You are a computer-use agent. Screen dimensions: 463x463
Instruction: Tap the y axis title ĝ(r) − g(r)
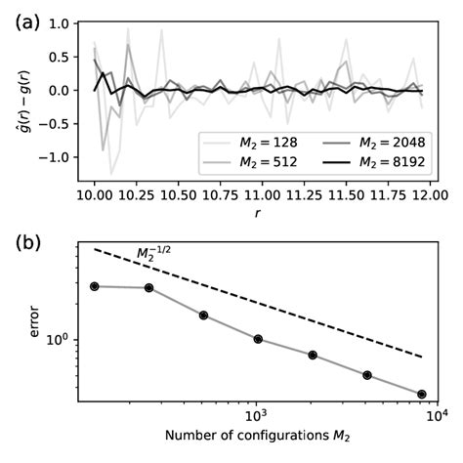click(x=21, y=93)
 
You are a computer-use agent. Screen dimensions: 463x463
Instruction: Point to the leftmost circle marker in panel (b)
click(x=95, y=286)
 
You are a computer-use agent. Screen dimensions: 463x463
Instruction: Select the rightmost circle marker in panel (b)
click(x=422, y=394)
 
